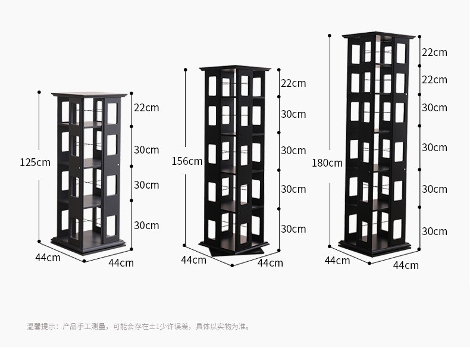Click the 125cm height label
[35, 162]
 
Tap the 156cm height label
[187, 161]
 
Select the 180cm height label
[327, 163]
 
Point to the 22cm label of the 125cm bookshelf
[146, 108]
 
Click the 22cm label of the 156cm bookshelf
[293, 83]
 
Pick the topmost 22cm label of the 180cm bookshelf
[434, 52]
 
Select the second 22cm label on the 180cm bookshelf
[434, 80]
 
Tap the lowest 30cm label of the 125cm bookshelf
[146, 226]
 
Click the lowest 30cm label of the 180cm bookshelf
[434, 231]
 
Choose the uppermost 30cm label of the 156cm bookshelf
[293, 114]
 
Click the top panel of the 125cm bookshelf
[90, 95]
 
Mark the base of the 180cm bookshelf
[375, 246]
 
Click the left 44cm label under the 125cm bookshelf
[48, 258]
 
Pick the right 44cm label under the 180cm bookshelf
[406, 265]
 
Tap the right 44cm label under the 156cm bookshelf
[270, 262]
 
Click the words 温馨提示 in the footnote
[40, 326]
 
